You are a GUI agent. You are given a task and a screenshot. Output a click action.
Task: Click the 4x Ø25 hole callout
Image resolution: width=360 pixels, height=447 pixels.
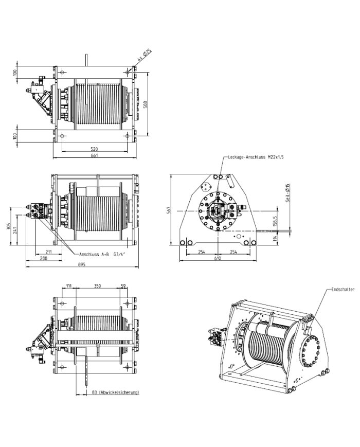[x=145, y=55]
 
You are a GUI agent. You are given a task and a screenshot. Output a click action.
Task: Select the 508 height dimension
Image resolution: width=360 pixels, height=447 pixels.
[x=146, y=104]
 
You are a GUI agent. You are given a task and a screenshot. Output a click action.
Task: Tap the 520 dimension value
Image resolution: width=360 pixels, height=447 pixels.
[x=94, y=149]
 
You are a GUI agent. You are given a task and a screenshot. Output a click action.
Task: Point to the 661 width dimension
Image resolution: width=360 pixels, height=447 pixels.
[x=94, y=155]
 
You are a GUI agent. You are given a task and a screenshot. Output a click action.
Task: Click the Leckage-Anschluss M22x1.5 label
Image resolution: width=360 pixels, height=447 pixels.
[x=256, y=157]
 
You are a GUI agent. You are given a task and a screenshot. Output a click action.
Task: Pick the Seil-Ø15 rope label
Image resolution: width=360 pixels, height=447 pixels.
[x=287, y=193]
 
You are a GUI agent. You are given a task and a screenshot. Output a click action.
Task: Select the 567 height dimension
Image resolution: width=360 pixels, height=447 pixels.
[x=169, y=210]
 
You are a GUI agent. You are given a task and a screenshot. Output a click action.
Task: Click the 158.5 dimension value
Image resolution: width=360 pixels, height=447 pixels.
[x=275, y=221]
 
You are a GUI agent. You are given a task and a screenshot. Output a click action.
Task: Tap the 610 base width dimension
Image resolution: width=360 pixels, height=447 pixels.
[x=218, y=258]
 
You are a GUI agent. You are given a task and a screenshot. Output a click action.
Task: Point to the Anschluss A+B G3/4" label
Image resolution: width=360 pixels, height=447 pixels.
[x=102, y=254]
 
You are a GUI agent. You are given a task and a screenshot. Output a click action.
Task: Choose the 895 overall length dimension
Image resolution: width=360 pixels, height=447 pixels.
[x=82, y=264]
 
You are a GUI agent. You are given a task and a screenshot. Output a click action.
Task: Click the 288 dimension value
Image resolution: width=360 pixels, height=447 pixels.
[x=44, y=258]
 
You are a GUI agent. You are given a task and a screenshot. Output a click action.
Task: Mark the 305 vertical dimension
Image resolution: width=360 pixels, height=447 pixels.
[x=9, y=227]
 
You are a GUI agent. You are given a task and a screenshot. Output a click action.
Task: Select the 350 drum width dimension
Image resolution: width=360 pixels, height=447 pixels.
[x=98, y=285]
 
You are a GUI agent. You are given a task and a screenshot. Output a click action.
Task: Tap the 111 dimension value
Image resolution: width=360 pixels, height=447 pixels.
[x=69, y=285]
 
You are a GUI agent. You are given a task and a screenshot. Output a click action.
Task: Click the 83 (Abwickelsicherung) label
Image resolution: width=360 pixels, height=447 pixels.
[x=115, y=392]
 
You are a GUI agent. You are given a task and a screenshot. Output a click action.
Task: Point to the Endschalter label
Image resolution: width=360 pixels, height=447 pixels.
[x=343, y=290]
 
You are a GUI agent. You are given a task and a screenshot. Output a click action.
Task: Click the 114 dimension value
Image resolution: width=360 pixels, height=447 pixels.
[x=275, y=238]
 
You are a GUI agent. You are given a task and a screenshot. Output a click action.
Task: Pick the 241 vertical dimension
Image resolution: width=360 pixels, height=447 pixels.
[x=15, y=230]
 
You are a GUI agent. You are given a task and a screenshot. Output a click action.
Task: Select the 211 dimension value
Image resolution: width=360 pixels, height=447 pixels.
[x=49, y=252]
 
